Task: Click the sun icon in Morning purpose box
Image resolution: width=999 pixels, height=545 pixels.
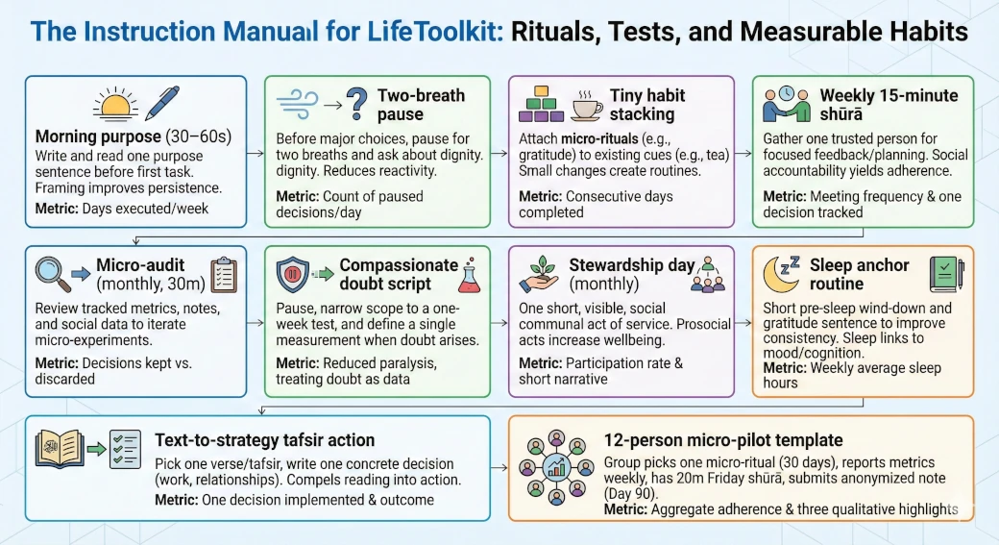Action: coord(115,105)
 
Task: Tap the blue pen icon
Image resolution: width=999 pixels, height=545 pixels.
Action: coord(160,103)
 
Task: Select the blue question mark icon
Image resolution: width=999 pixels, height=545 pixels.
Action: coord(356,102)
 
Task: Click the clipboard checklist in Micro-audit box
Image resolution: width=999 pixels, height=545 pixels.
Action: coord(222,274)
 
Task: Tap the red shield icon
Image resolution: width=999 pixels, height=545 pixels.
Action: coord(295,274)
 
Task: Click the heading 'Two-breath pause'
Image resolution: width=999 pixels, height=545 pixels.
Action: coord(421,105)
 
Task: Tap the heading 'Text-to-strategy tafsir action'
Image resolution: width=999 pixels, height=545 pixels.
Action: coord(264,440)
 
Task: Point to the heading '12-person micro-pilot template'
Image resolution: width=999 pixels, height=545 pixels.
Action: coord(722,440)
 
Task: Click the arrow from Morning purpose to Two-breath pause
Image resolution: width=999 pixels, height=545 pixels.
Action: coord(255,153)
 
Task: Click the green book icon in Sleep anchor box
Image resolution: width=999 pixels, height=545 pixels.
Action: coord(945,274)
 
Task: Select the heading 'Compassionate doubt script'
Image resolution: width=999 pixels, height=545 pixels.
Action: coord(399,274)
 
